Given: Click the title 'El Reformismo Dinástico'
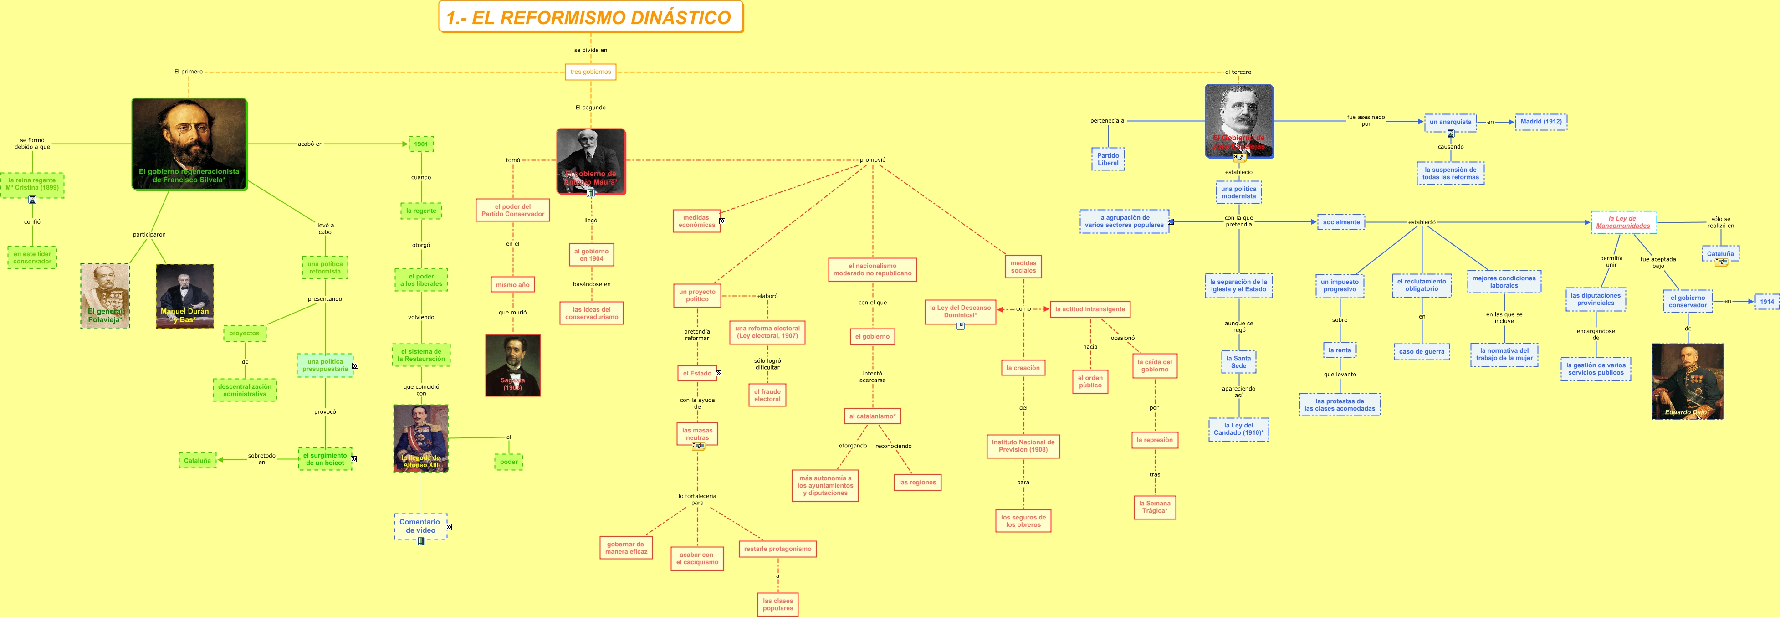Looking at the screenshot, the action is [590, 17].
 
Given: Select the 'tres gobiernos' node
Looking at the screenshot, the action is [590, 72].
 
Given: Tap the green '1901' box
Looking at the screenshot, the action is [421, 144].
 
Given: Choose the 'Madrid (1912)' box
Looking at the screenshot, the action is [1540, 122].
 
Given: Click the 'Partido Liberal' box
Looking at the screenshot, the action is [1108, 159].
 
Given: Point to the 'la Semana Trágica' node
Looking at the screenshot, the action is [1154, 507].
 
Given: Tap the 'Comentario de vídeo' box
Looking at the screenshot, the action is [420, 526].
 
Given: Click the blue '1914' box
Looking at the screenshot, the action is [1766, 301].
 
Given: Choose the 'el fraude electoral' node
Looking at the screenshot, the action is [767, 395].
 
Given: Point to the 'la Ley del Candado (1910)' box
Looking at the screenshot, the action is [1238, 429].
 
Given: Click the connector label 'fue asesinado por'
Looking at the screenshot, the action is [1366, 120].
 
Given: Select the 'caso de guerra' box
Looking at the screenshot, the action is [1422, 352].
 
